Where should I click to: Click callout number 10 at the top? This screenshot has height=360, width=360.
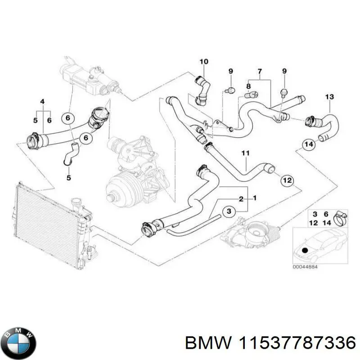[x=203, y=61]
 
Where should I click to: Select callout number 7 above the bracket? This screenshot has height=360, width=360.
[x=259, y=72]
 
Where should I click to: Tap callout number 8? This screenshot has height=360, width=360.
[x=248, y=86]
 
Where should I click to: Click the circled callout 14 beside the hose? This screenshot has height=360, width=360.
[x=308, y=144]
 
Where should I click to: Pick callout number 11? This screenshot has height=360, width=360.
[x=245, y=154]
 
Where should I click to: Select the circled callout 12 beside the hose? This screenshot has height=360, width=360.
[x=287, y=180]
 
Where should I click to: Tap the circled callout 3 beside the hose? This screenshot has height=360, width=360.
[x=229, y=211]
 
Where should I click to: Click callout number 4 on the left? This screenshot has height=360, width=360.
[x=43, y=101]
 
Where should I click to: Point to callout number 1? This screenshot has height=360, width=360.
[x=255, y=198]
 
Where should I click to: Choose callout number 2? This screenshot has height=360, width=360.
[x=241, y=198]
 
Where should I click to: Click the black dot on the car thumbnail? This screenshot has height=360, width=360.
[x=306, y=250]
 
